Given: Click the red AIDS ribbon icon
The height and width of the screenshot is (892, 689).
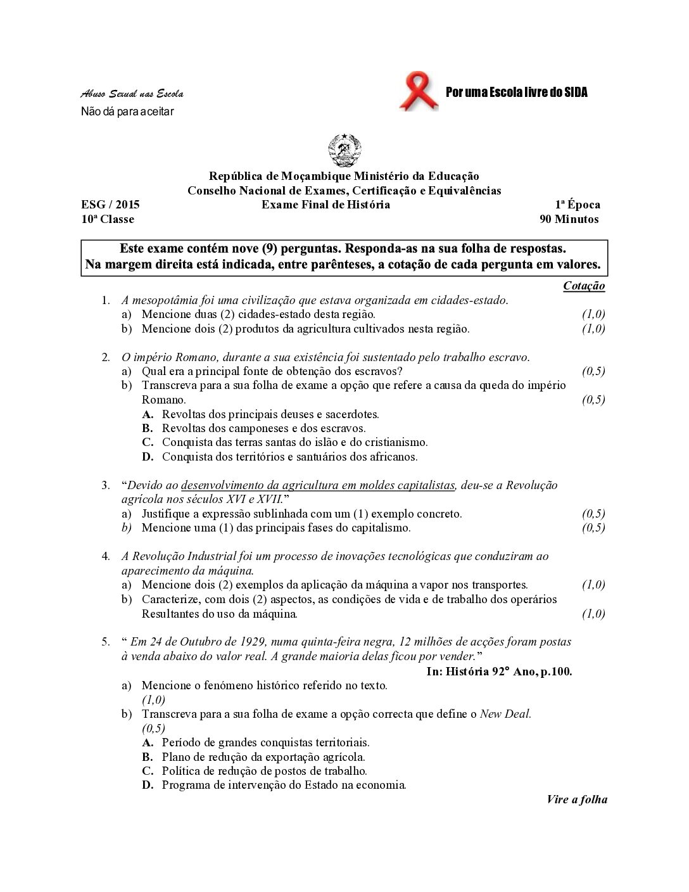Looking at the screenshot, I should (419, 92).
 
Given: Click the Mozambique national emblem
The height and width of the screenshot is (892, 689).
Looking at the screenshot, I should (344, 151).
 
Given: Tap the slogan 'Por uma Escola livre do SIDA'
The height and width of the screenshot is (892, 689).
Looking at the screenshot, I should (516, 92).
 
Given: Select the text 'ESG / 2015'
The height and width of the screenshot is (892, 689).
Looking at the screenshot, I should (110, 205).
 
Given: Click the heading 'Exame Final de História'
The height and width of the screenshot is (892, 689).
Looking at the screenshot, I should (326, 205).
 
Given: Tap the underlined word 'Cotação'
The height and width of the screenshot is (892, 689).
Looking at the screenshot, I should (584, 286).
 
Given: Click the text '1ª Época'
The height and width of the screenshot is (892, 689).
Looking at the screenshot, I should (578, 205).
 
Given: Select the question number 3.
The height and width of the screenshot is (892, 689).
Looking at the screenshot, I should (106, 485).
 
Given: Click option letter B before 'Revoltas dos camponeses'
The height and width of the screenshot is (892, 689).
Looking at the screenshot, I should (148, 428).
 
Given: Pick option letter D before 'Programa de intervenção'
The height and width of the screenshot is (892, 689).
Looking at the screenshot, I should (148, 785).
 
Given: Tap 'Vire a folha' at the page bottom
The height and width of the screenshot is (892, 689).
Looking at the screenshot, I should (577, 800).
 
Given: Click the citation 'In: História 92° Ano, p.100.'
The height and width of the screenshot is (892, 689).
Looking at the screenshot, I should (499, 672).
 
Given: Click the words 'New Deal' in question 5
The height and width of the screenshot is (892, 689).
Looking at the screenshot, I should (505, 714).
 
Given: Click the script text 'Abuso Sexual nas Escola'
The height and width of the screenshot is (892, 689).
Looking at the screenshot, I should (132, 94).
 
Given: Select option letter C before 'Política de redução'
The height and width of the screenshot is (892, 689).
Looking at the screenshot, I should (148, 771).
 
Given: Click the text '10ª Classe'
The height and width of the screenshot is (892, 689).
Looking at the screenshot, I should (108, 219).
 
